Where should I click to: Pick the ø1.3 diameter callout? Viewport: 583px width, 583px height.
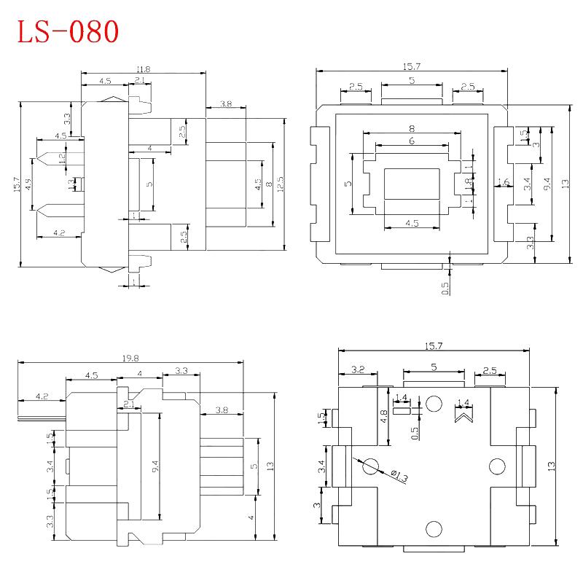(x=399, y=476)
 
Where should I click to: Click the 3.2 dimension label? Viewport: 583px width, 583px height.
(x=358, y=370)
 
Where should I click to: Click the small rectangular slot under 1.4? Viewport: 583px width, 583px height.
(x=402, y=410)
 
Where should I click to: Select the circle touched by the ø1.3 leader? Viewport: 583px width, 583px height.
(x=369, y=465)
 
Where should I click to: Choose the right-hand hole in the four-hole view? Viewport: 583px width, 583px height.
(x=498, y=465)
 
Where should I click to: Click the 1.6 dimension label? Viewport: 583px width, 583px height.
(x=499, y=182)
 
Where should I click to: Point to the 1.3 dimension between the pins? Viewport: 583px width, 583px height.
(x=71, y=185)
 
